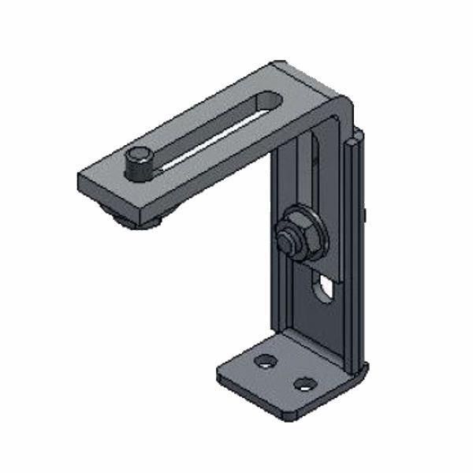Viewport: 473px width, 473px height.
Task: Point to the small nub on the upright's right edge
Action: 367,213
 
